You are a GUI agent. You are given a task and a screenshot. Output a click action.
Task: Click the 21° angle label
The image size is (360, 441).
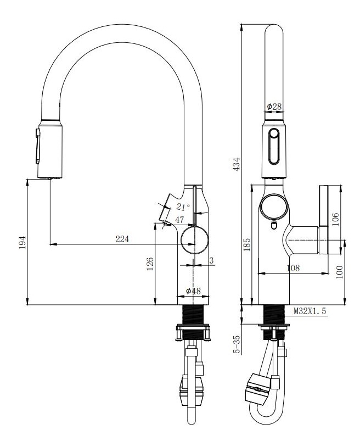tap(183, 206)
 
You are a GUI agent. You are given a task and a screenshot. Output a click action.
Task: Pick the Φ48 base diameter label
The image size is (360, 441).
tap(193, 291)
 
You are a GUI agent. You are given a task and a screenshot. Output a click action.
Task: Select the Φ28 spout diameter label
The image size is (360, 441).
tap(274, 106)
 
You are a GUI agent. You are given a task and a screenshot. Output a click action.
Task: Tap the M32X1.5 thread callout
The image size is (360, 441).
tap(310, 311)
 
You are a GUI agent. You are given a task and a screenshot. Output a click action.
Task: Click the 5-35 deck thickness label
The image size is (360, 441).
tap(237, 344)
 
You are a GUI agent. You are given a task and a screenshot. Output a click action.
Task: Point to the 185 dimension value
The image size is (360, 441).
tap(247, 243)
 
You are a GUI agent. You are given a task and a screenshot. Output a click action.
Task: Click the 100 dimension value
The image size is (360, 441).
tap(339, 271)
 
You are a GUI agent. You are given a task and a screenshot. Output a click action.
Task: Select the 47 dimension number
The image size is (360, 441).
tap(179, 220)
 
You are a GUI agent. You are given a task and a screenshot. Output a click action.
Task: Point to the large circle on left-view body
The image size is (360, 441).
tap(194, 240)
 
